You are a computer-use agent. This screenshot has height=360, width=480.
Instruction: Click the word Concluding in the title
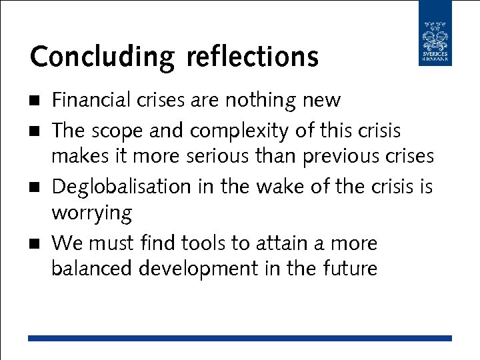102,57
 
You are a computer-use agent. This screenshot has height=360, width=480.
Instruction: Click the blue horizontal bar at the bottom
240,338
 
